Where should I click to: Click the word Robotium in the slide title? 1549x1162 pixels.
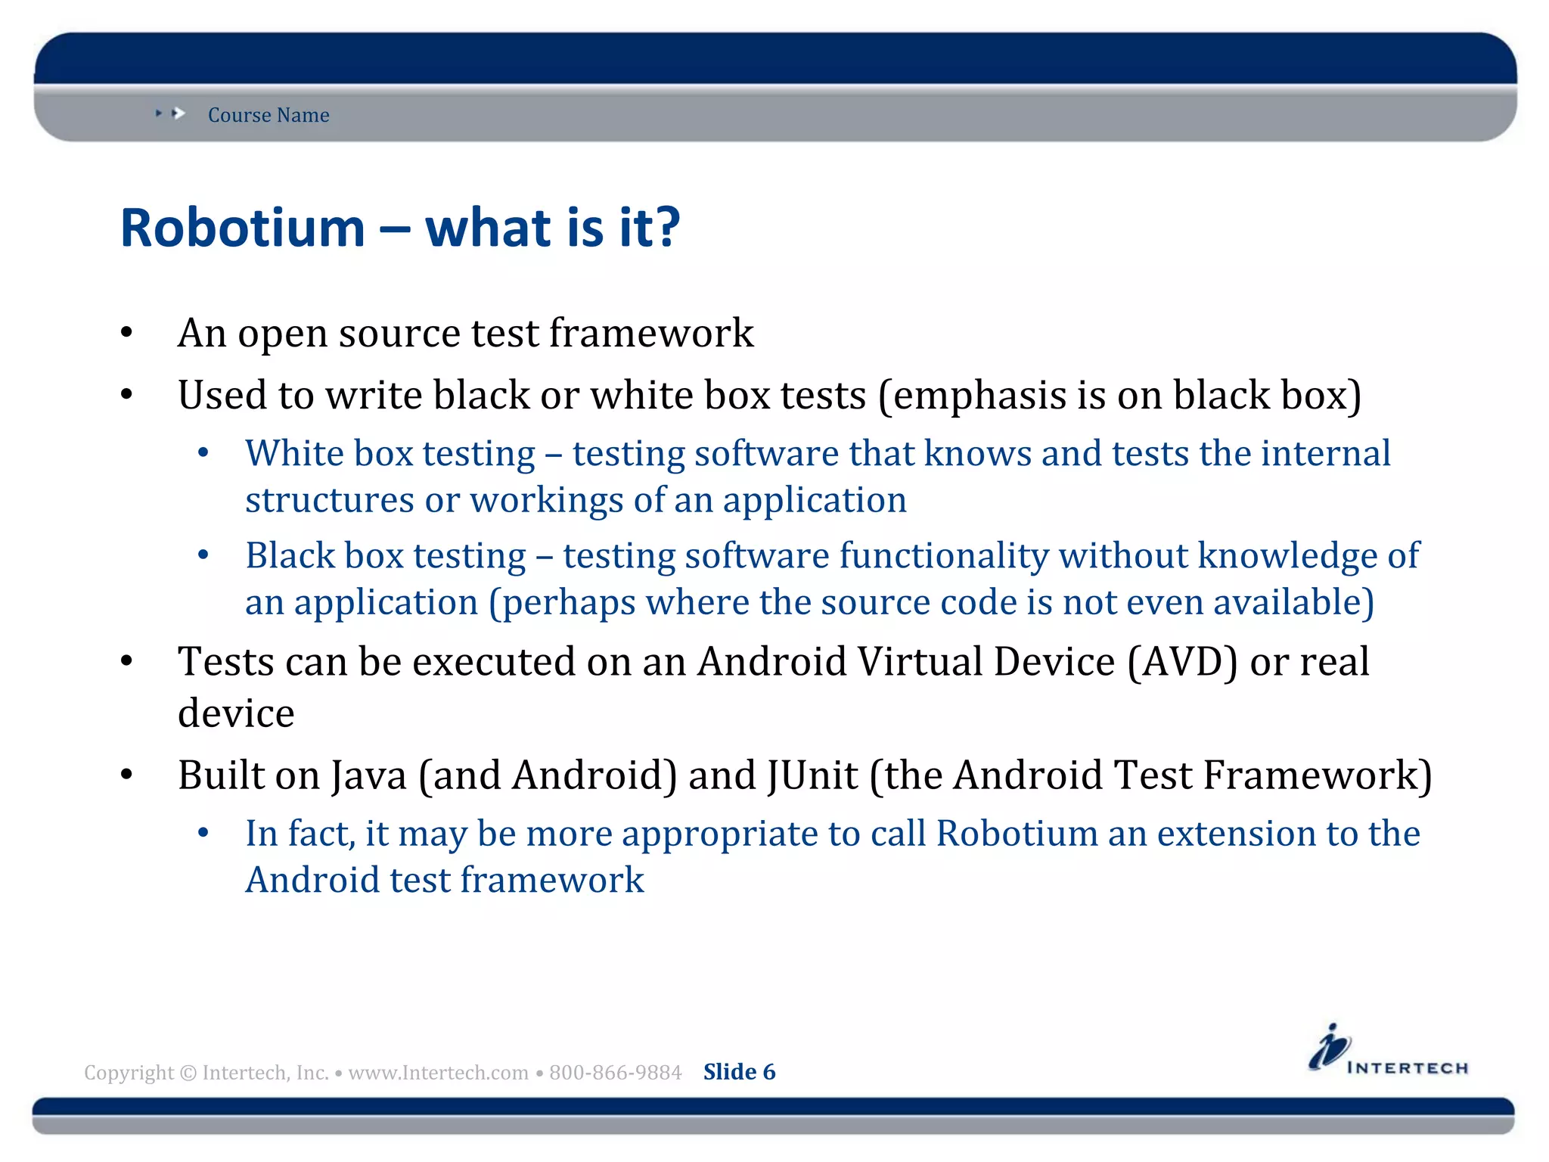[x=242, y=228]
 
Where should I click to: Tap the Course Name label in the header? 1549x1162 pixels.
[x=269, y=115]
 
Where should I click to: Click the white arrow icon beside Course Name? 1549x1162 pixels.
[x=178, y=113]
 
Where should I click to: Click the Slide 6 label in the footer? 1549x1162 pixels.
[x=739, y=1072]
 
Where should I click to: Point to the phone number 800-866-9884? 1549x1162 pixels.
[x=615, y=1073]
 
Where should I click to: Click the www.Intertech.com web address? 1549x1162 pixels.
[x=438, y=1073]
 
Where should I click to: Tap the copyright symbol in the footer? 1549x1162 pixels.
[x=188, y=1073]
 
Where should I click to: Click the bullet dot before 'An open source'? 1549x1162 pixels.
[x=127, y=333]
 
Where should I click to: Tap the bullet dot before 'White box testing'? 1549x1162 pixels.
[x=203, y=454]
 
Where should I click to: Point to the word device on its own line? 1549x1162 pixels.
[x=236, y=713]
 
